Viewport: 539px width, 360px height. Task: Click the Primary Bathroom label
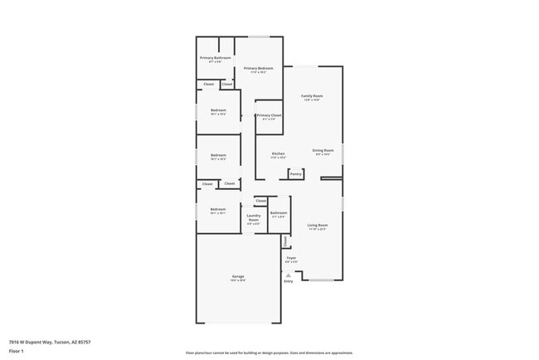[x=215, y=58]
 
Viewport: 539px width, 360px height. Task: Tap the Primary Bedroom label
[x=259, y=68]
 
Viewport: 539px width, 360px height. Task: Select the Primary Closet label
[x=269, y=115]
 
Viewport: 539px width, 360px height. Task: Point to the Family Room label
[x=312, y=96]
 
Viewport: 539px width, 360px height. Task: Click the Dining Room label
[x=323, y=150]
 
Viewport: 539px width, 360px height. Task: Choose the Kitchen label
[x=279, y=153]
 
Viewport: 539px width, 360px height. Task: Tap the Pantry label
[x=296, y=174]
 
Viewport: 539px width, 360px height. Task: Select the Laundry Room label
[x=254, y=217]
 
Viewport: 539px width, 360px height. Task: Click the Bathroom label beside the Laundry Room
[x=279, y=213]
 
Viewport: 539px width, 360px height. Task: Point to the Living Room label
[x=318, y=225]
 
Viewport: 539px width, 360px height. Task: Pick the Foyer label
[x=291, y=258]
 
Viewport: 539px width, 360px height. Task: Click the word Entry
[x=289, y=281]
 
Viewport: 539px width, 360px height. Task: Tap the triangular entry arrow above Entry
[x=289, y=275]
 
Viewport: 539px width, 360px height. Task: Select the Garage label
[x=237, y=275]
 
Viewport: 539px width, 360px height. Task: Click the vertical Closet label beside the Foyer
[x=286, y=241]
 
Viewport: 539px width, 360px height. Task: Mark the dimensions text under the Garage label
[x=237, y=280]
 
